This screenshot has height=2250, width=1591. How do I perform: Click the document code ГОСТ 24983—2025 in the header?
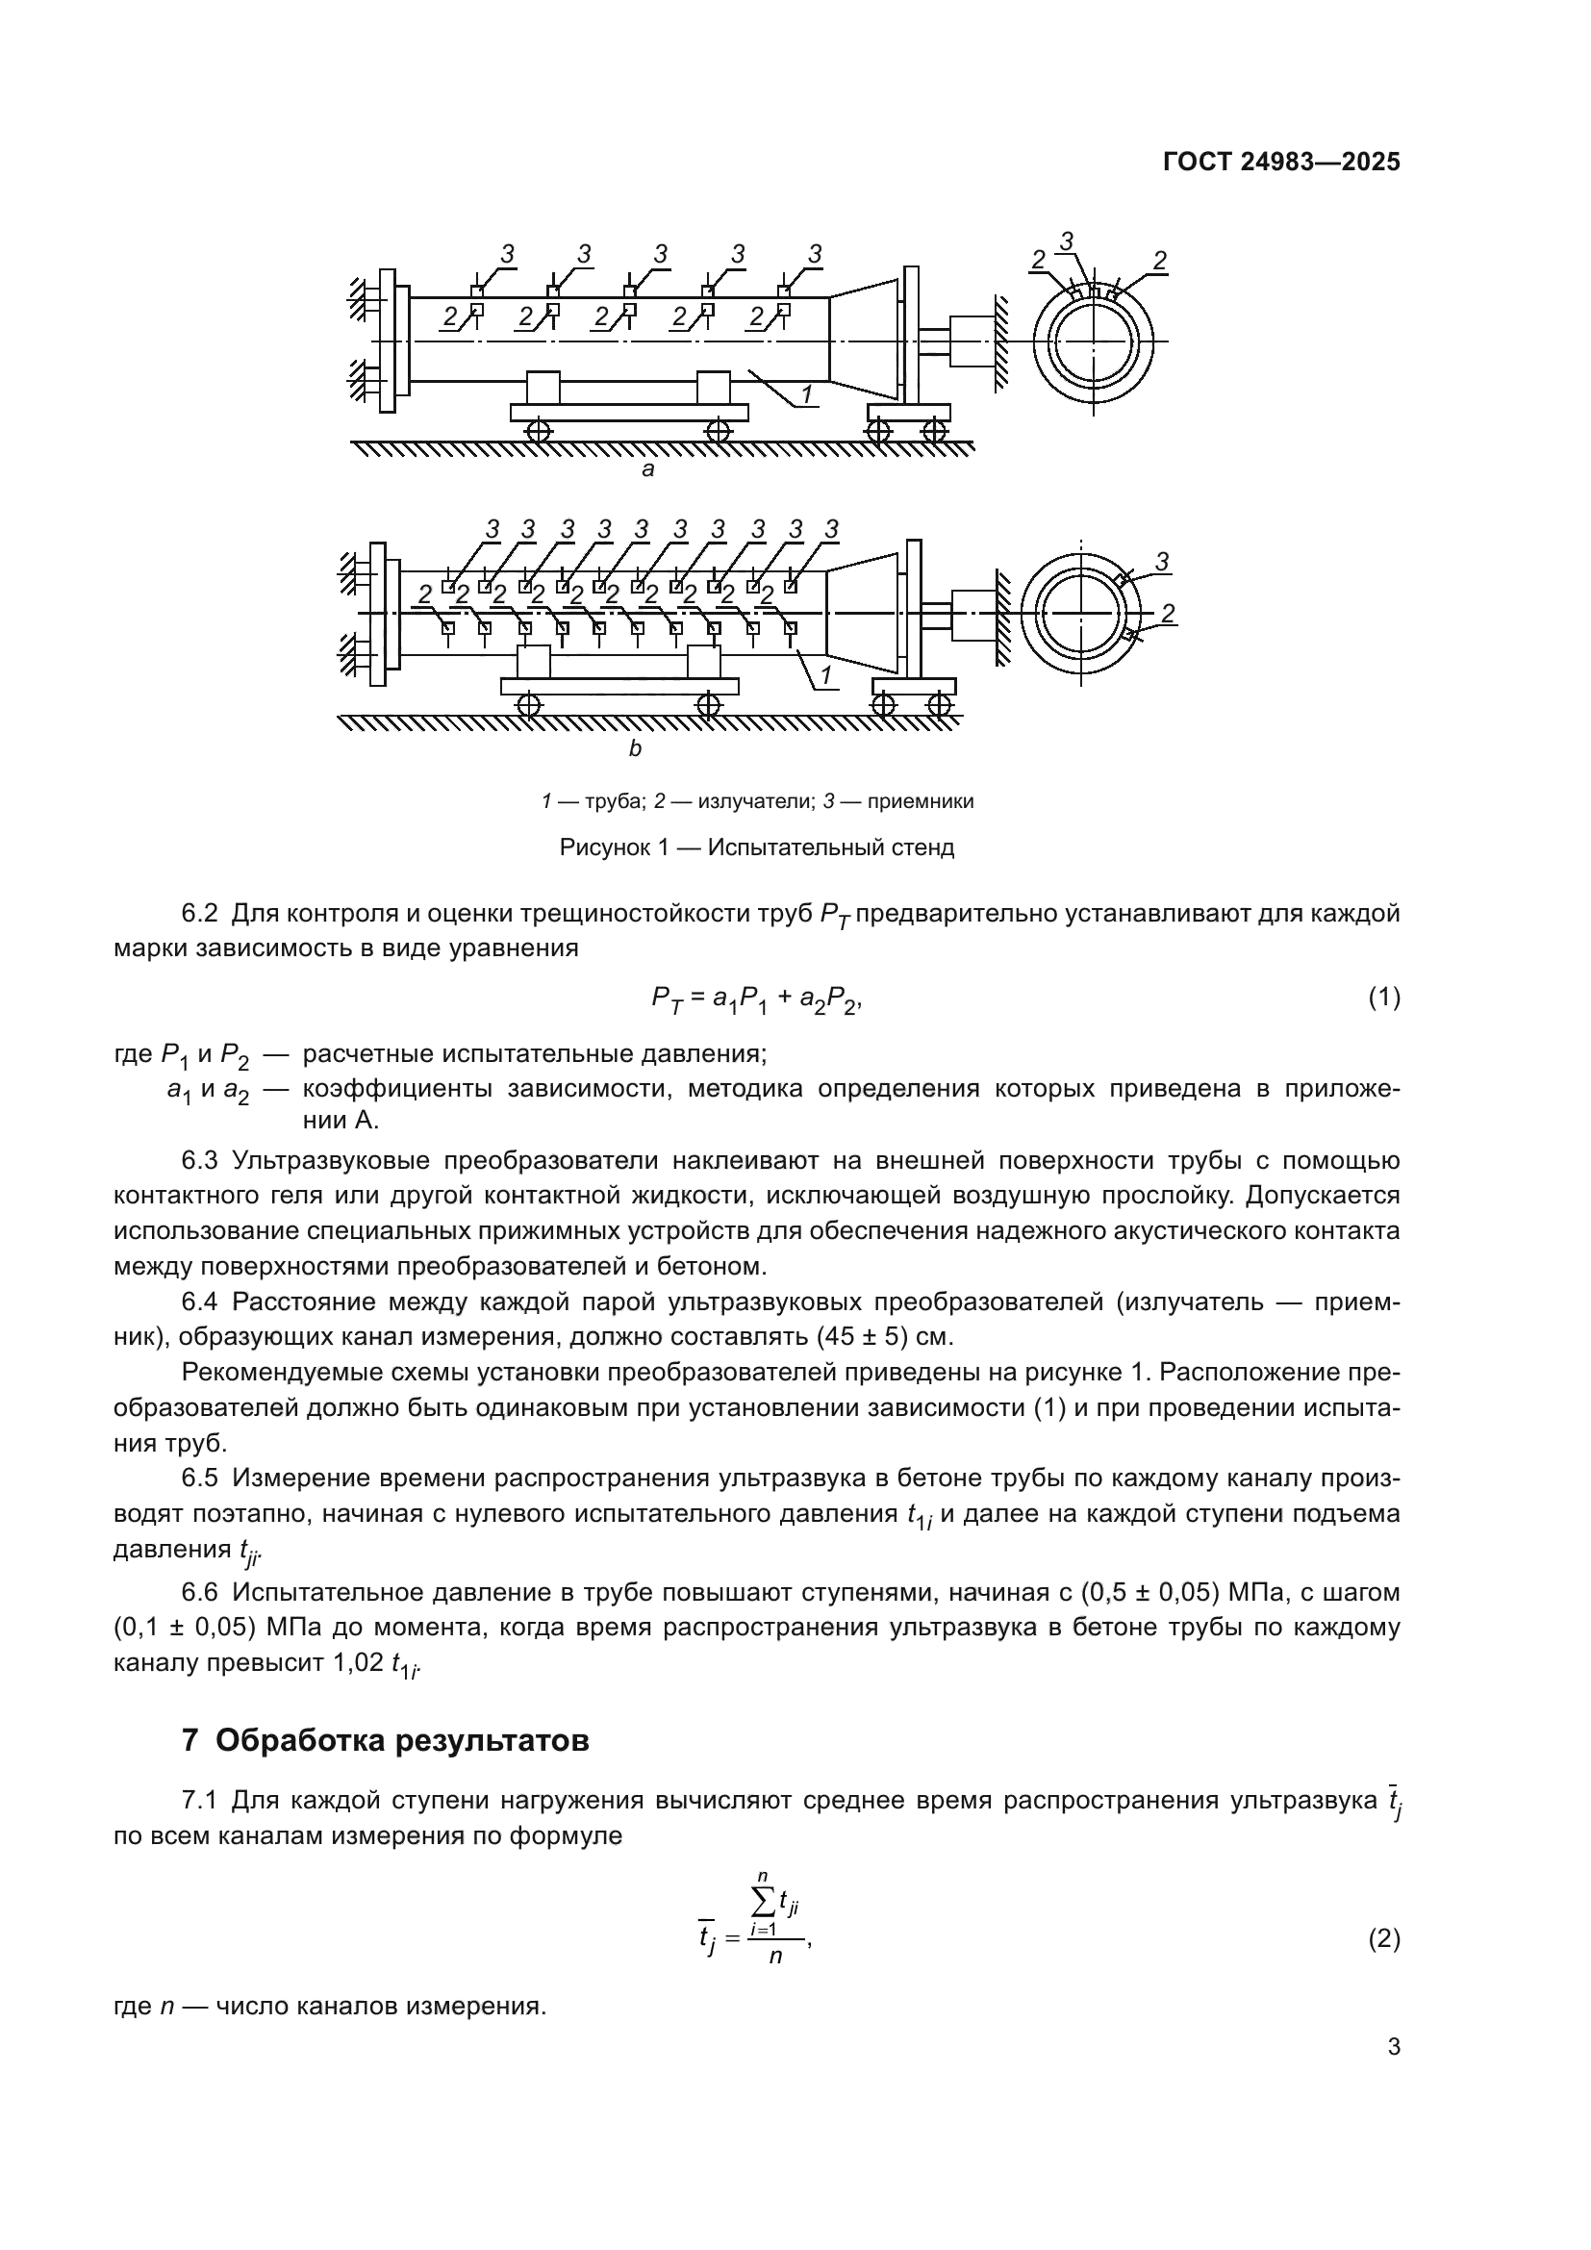point(1280,163)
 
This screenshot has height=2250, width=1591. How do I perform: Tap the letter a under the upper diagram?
point(646,469)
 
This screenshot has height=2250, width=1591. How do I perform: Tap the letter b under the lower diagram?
point(635,749)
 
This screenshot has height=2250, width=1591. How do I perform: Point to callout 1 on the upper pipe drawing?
point(806,394)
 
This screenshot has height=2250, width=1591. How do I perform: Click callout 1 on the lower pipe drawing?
point(825,674)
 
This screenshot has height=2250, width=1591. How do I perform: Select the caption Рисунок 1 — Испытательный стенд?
point(756,847)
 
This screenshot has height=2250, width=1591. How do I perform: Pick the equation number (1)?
point(1383,998)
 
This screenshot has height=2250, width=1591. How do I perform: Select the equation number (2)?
point(1383,1938)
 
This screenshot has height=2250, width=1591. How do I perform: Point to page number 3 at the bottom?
point(1393,2076)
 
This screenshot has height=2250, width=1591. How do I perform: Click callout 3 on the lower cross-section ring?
point(1162,562)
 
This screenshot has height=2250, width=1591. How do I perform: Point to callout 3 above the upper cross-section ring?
point(1067,240)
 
